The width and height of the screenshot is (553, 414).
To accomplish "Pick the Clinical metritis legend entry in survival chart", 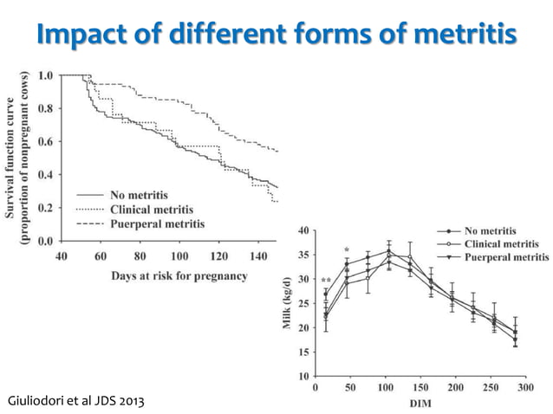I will [152, 209].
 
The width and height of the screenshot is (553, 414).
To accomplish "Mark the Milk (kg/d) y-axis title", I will [289, 304].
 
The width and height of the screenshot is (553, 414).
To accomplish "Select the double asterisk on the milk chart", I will [326, 281].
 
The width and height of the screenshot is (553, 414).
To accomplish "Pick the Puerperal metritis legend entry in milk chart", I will [507, 257].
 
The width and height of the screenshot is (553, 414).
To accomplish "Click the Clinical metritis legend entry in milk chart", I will [504, 244].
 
